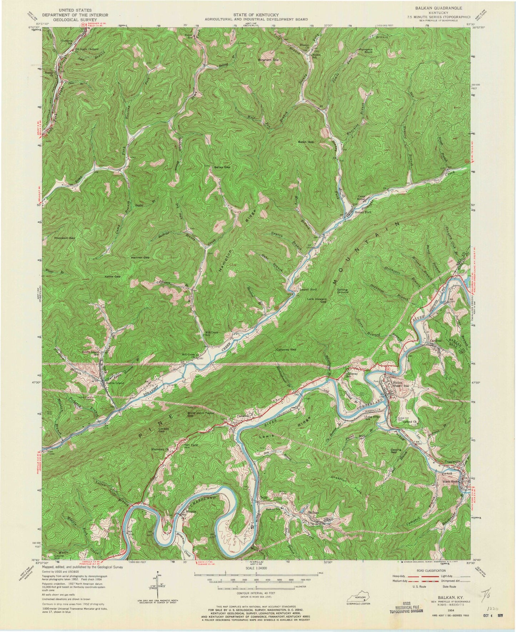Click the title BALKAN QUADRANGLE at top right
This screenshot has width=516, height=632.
tap(444, 7)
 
